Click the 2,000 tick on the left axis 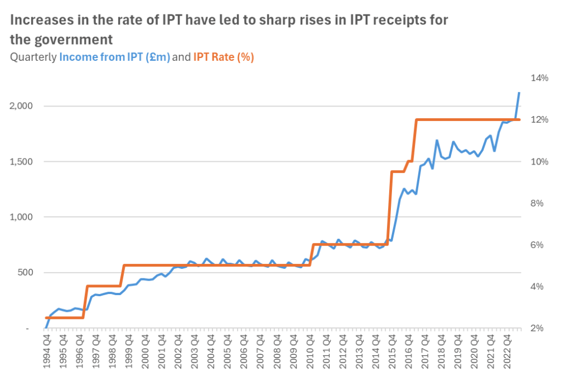(21, 106)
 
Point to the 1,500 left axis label (21, 162)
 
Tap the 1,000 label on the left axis (21, 217)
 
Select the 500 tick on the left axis (26, 273)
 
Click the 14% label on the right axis (540, 78)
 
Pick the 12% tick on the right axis (540, 120)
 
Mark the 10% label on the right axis (540, 162)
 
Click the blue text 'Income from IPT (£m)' (114, 57)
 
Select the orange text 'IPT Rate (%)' (224, 57)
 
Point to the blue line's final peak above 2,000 (519, 93)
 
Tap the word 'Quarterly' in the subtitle (33, 57)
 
